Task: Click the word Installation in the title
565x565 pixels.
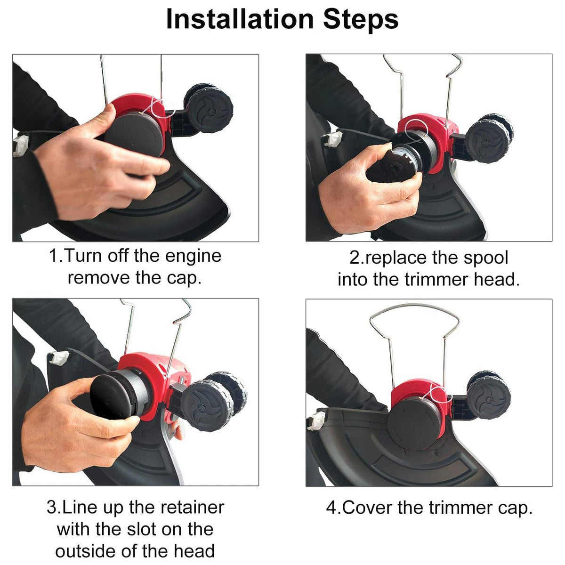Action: (240, 19)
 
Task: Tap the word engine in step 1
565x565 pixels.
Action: (193, 256)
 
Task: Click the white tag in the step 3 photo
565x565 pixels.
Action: (59, 358)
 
